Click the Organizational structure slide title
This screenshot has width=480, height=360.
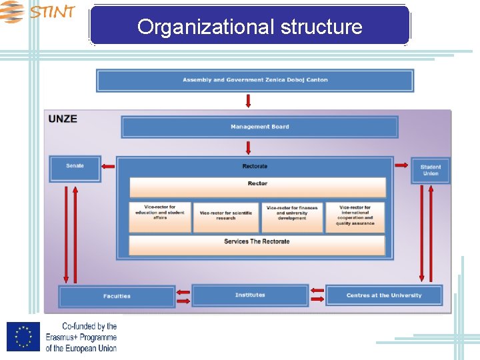249,27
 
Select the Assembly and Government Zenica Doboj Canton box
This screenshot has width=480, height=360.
255,80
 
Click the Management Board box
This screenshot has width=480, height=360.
259,127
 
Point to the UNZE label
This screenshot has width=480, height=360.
63,119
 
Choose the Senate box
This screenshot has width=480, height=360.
75,168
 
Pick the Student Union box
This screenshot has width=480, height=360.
431,171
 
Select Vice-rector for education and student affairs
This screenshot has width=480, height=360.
160,217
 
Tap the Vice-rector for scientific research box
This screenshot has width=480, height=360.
226,217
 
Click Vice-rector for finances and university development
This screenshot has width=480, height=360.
292,217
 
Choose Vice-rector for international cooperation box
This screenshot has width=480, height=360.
355,217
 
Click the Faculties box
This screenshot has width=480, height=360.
117,296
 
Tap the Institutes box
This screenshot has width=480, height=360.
250,295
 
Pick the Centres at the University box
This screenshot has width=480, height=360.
384,295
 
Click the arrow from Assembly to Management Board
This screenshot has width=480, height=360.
248,101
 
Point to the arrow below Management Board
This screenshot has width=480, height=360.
248,147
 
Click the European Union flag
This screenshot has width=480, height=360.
23,337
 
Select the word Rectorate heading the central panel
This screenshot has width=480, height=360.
255,166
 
